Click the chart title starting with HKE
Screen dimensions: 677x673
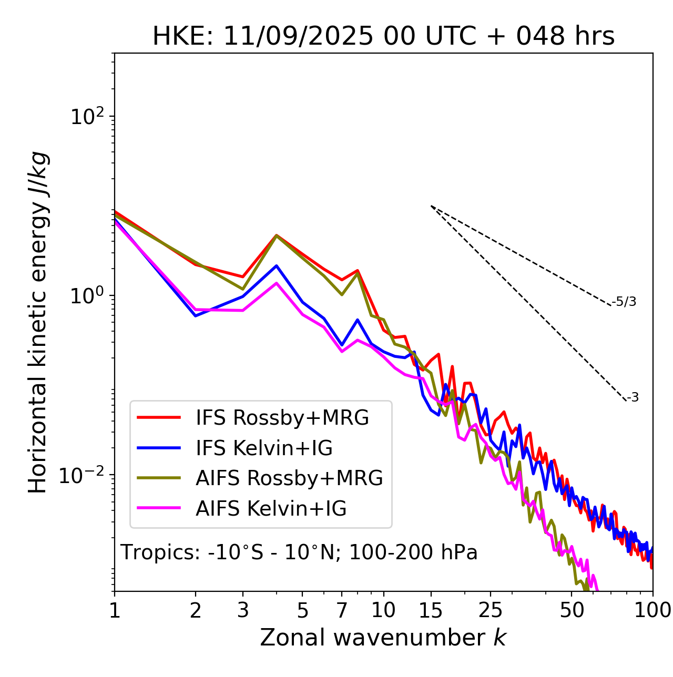click(383, 36)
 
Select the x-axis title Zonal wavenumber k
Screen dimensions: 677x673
click(383, 638)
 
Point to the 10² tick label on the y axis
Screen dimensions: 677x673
click(86, 117)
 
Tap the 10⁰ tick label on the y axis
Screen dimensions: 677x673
click(86, 296)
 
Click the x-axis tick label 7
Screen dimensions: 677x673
click(342, 610)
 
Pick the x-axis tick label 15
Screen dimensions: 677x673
click(431, 610)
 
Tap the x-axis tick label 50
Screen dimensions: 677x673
click(572, 610)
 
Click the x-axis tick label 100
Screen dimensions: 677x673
click(652, 610)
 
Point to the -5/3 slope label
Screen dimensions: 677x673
click(624, 302)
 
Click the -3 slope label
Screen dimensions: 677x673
click(633, 398)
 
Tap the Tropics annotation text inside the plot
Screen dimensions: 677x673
click(299, 552)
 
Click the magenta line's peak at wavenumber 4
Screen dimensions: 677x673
click(276, 283)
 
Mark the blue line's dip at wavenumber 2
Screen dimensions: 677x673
click(196, 316)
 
